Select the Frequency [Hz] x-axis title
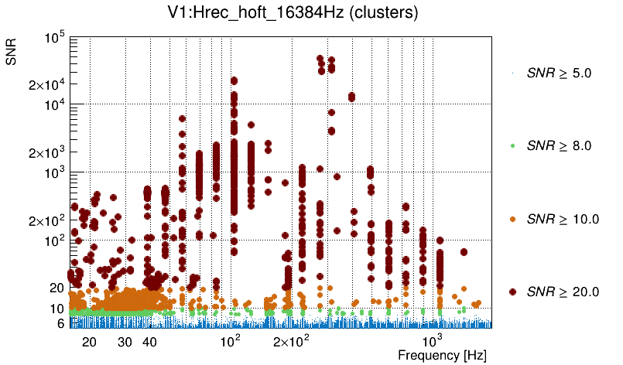point(442,355)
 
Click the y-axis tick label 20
point(56,288)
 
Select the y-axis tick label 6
point(60,323)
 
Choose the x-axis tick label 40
point(150,342)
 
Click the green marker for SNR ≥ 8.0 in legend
point(513,145)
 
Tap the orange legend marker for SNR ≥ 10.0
point(513,219)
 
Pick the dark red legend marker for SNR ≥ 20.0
point(513,292)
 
